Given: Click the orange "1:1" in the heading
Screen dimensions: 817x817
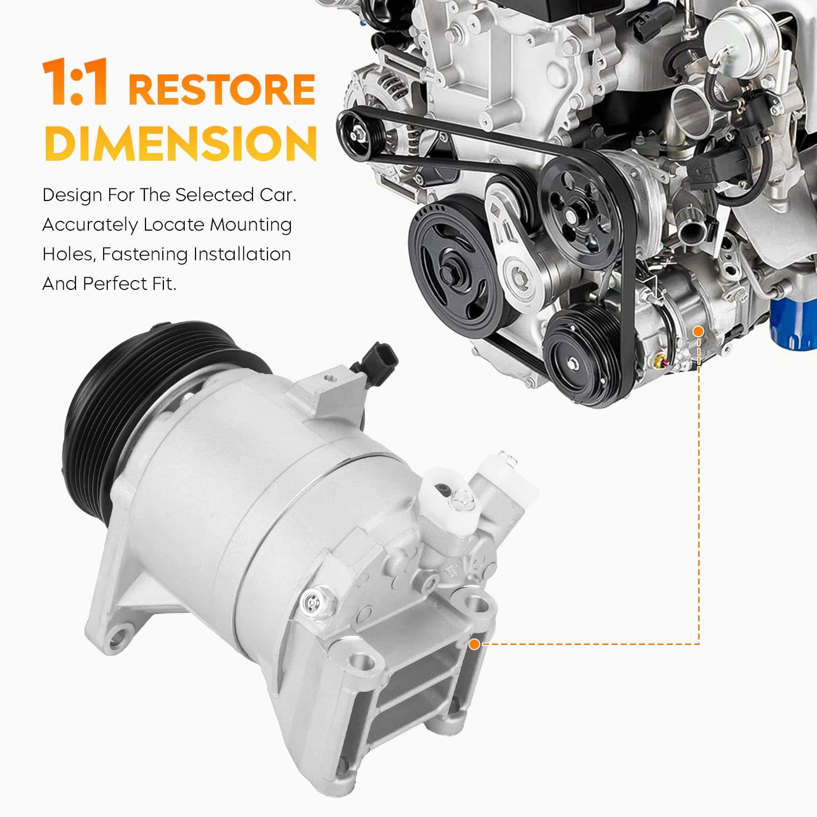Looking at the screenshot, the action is pyautogui.click(x=75, y=83).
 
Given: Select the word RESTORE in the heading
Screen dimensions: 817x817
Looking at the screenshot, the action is pyautogui.click(x=222, y=89).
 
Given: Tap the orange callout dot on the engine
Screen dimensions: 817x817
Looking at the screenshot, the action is pyautogui.click(x=699, y=331).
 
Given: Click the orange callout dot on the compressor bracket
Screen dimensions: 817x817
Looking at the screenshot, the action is pyautogui.click(x=474, y=644).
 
